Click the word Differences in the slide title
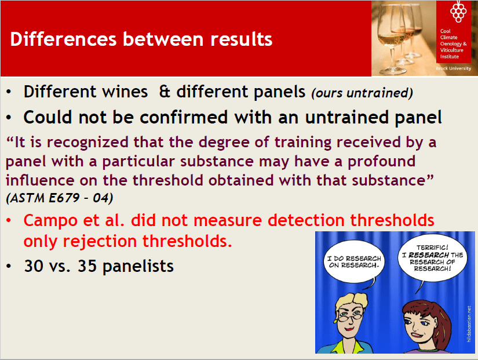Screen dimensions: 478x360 tap(63, 39)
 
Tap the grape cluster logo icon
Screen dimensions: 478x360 tap(458, 12)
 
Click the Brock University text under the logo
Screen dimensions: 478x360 tap(453, 68)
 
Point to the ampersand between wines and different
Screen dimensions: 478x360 tap(165, 92)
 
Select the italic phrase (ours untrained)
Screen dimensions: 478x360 tap(362, 93)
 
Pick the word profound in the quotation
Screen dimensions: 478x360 tap(382, 162)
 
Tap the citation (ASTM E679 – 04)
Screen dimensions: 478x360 tap(60, 198)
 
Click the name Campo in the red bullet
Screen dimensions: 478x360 tap(50, 220)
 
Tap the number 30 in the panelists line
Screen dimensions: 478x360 tap(34, 266)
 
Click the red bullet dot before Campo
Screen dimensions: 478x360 tap(9, 220)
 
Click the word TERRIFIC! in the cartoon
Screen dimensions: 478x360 tap(432, 248)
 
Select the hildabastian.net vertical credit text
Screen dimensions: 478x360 tap(469, 324)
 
